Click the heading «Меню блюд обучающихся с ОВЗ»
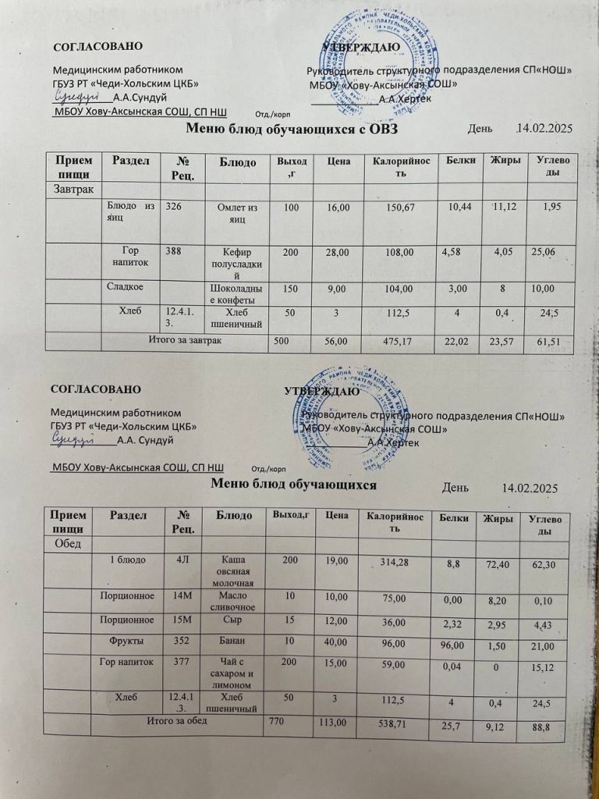tap(293, 130)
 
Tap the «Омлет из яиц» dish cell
tap(242, 212)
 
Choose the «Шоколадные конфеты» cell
tap(242, 294)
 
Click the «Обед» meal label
tap(69, 542)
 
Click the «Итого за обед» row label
tap(177, 720)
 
